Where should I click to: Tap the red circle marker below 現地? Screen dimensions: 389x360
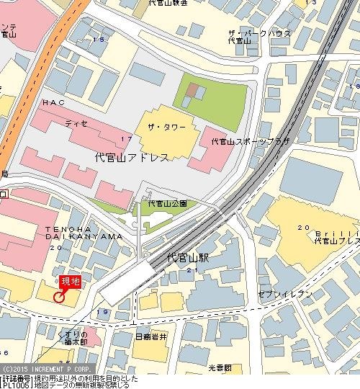tap(59, 295)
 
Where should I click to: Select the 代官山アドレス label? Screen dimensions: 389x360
tap(132, 157)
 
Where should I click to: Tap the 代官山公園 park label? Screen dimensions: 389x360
tap(168, 204)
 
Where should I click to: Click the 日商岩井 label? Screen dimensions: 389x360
tap(151, 336)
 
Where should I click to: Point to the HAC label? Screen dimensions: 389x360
tap(53, 103)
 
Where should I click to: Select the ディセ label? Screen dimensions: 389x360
tap(76, 123)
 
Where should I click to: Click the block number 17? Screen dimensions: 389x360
tap(126, 138)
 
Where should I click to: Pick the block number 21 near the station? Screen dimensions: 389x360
tap(192, 269)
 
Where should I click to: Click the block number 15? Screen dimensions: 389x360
tap(97, 39)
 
